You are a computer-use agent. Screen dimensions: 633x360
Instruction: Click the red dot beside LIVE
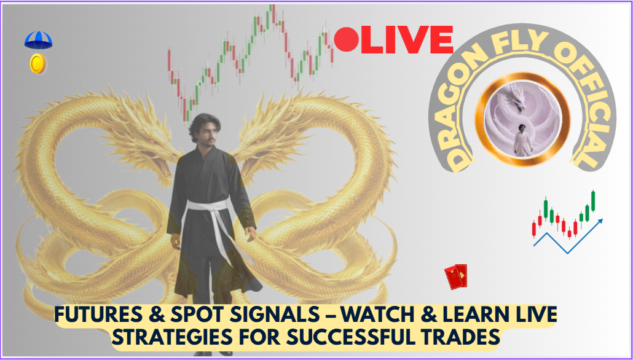[x=347, y=39]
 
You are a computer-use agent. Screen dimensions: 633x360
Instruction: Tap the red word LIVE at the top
[x=407, y=39]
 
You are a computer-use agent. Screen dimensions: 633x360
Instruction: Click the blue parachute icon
[x=38, y=41]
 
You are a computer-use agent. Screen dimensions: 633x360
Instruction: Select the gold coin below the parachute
[x=38, y=64]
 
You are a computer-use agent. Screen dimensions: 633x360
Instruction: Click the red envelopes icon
[x=456, y=276]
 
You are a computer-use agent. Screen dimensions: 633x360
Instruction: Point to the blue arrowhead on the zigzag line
[x=599, y=222]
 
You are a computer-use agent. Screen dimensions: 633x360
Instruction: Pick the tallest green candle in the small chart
[x=593, y=201]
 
